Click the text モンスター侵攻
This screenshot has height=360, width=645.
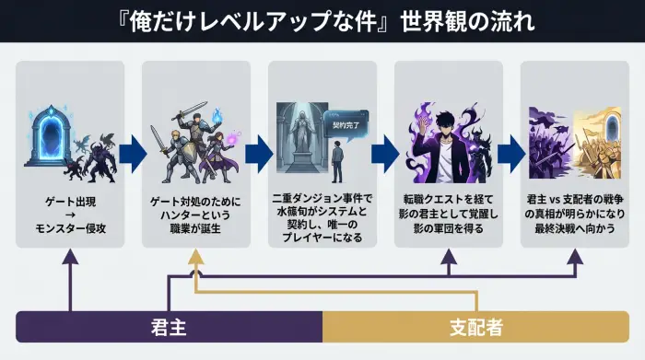(70, 227)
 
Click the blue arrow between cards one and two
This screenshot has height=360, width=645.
(134, 149)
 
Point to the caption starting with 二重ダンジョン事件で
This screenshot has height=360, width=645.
(321, 217)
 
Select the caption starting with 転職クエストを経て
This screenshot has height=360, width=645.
(448, 214)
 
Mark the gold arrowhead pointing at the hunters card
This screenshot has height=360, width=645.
(195, 261)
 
